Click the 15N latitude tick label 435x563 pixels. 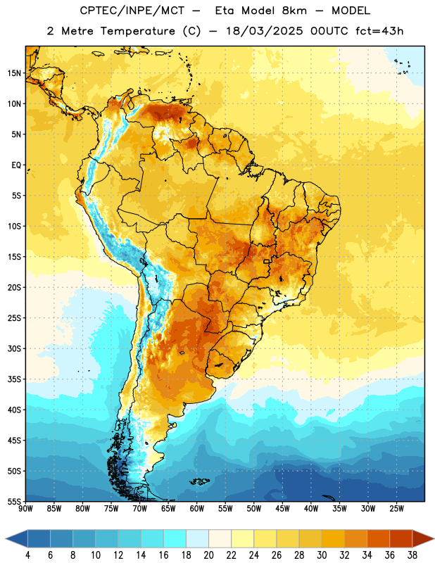coord(14,73)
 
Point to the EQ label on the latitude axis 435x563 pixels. coord(16,165)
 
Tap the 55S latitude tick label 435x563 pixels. coord(14,501)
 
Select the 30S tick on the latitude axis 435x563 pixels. coord(14,348)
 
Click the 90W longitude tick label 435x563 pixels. coord(26,509)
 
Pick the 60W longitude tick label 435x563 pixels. coord(197,509)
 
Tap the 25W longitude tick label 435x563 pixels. coord(397,509)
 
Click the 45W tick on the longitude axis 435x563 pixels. coord(283,509)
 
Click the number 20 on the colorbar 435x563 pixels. coord(208,555)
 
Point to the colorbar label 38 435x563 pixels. coord(412,555)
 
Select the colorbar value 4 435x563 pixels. coord(27,555)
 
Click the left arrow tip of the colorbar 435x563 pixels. coord(6,538)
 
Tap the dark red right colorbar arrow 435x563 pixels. coord(423,538)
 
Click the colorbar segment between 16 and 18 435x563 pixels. coord(175,538)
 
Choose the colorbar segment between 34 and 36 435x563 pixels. coord(379,538)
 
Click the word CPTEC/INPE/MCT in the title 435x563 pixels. coord(132,11)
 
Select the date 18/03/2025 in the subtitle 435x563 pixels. coord(264,31)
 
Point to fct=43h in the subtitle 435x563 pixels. coord(379,31)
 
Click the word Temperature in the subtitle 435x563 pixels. coord(137,31)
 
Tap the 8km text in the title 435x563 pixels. coord(294,11)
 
